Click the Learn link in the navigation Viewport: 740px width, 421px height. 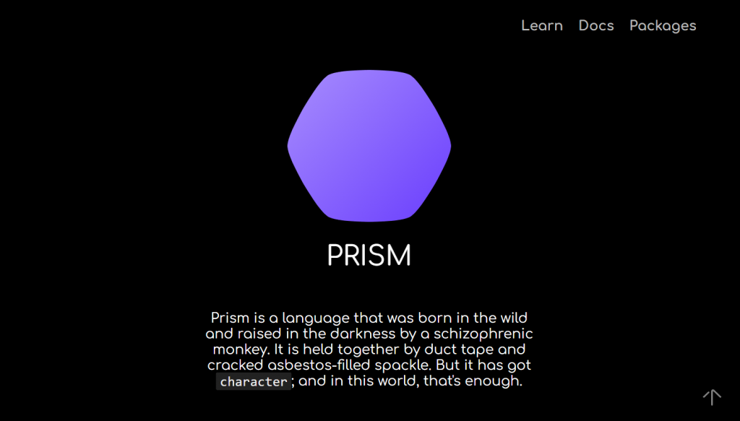point(541,26)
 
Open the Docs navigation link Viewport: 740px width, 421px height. point(596,26)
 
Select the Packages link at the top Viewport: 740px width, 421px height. point(663,26)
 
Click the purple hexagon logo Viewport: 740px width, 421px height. point(369,146)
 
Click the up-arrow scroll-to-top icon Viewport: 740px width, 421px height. point(712,397)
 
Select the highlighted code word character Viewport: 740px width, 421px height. point(254,381)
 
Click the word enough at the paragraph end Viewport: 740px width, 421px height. point(496,381)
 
